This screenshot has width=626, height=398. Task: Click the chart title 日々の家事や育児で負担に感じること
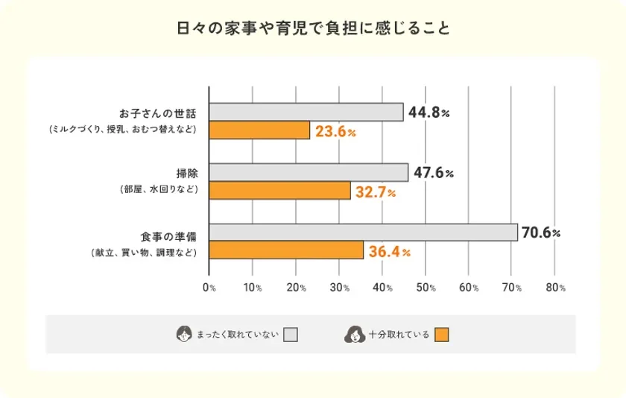313,29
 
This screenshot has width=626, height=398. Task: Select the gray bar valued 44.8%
306,112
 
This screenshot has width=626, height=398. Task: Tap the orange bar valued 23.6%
259,130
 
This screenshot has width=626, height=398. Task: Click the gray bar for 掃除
309,172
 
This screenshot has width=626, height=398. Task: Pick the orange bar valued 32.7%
279,191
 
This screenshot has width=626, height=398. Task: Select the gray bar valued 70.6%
363,233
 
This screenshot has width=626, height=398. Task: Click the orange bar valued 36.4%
286,251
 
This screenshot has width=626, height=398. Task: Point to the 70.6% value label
541,233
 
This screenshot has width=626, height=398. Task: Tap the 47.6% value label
434,173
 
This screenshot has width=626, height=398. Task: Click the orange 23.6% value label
335,132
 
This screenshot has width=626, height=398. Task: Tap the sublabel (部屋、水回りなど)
159,190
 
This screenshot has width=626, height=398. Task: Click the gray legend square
291,335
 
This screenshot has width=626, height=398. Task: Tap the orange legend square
442,335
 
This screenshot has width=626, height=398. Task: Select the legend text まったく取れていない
237,335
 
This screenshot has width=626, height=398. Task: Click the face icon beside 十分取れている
353,335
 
